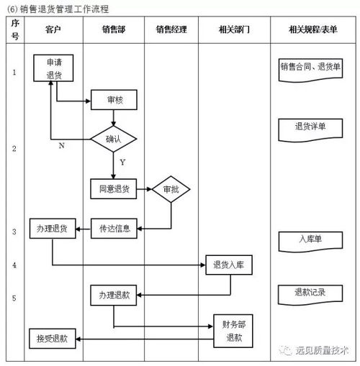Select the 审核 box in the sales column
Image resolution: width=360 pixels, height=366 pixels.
(x=113, y=101)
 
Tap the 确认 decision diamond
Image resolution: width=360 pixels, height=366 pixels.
(x=113, y=138)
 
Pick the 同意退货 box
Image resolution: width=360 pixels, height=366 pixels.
(x=113, y=189)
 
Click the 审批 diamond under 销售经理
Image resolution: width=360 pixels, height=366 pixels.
(x=171, y=189)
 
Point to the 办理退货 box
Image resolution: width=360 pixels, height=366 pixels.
(x=52, y=229)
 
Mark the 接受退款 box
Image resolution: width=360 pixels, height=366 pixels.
(x=52, y=337)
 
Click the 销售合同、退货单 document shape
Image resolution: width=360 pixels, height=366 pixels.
(x=310, y=68)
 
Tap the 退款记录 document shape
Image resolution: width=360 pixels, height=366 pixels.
(x=310, y=293)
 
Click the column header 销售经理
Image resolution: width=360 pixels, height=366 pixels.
(x=171, y=29)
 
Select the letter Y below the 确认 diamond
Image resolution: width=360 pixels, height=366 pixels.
(x=122, y=163)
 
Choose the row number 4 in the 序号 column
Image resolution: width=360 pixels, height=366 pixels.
(x=14, y=265)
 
